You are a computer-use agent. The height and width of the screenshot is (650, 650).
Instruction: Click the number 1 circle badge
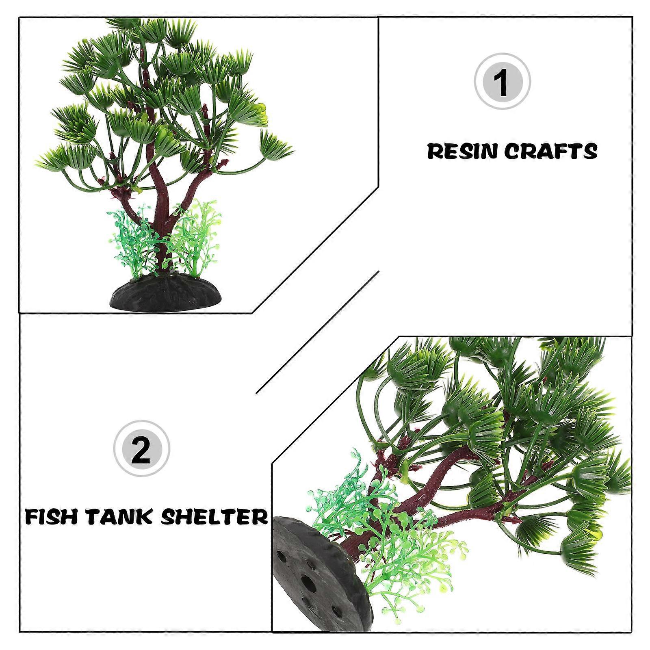(503, 81)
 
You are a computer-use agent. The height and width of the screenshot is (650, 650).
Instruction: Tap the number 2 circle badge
(141, 448)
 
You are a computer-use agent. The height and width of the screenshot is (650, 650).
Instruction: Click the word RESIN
(463, 151)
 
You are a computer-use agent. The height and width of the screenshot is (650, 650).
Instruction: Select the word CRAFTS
(551, 151)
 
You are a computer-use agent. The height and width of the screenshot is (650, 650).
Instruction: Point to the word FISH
(52, 517)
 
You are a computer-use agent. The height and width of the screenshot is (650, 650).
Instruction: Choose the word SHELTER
(214, 517)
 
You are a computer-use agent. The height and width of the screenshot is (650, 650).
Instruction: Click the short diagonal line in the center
(318, 332)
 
